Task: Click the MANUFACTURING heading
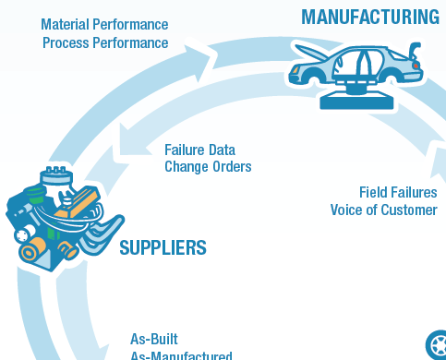coord(370,16)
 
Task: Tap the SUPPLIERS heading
coord(163,247)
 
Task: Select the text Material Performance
coord(104,24)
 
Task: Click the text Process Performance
coord(105,42)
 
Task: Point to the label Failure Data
coord(199,149)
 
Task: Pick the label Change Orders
coord(208,167)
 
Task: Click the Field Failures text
coord(398,192)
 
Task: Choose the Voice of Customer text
coord(383,210)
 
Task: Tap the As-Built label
coord(153,338)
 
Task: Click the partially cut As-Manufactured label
coord(181,354)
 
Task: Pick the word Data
coord(221,149)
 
